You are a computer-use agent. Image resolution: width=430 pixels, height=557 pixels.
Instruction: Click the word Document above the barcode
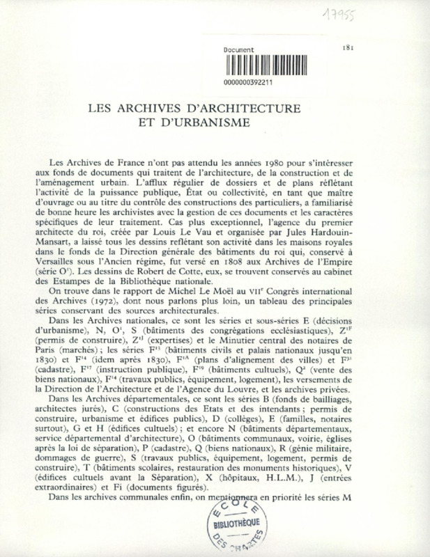(239, 51)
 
